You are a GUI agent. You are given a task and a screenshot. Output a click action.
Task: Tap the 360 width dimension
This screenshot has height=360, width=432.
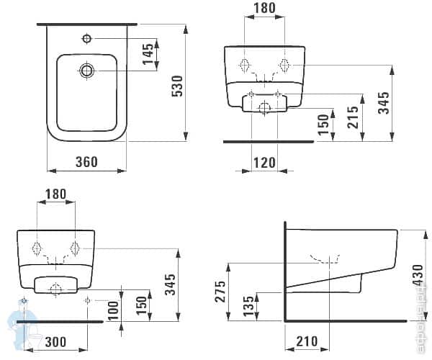click(86, 162)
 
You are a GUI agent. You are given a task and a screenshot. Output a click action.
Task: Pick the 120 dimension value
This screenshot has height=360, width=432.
click(265, 163)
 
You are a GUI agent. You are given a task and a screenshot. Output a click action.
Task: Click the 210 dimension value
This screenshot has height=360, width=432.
click(307, 340)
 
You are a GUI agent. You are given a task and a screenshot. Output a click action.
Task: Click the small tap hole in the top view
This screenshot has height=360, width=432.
click(86, 37)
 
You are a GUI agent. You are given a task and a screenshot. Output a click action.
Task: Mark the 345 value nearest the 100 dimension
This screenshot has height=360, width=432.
click(168, 283)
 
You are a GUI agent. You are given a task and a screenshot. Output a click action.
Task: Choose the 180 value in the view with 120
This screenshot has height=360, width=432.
click(265, 9)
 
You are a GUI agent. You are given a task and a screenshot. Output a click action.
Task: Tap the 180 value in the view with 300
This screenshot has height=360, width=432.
click(55, 194)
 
